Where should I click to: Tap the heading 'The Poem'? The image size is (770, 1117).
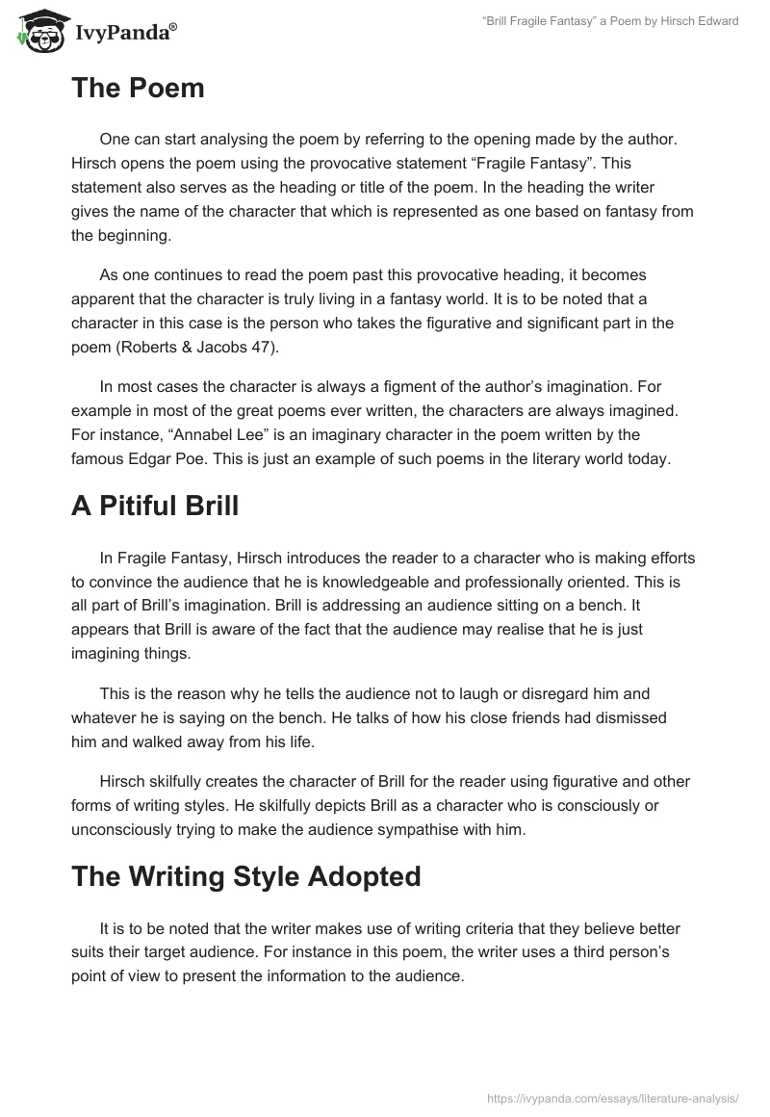pyautogui.click(x=138, y=89)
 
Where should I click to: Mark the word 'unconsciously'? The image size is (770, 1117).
pyautogui.click(x=118, y=829)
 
